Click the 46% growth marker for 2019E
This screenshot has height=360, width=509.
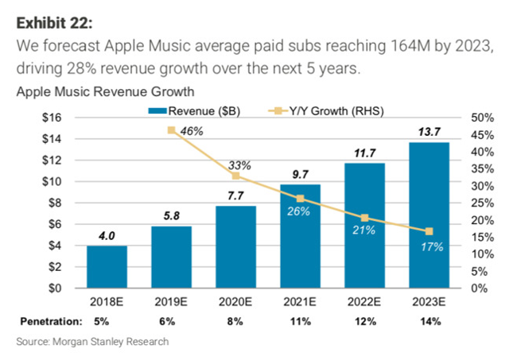[x=171, y=130]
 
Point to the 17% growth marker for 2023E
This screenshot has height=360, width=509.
[x=429, y=231]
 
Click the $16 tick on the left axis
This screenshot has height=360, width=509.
[x=54, y=117]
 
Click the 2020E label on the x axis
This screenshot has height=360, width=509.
[x=235, y=302]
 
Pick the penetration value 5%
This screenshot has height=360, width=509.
[x=107, y=322]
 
